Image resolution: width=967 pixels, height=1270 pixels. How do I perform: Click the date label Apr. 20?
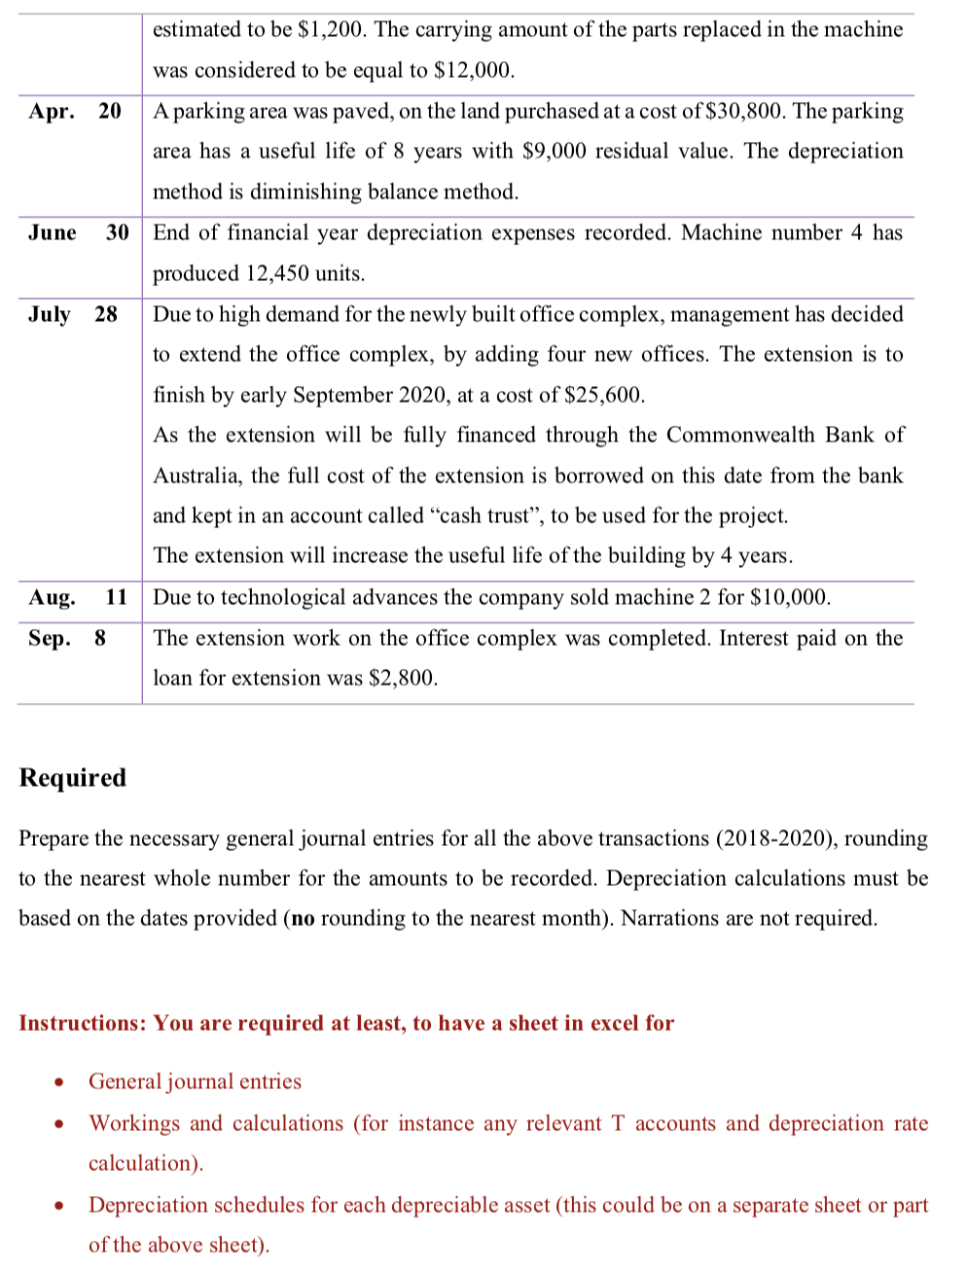(x=75, y=111)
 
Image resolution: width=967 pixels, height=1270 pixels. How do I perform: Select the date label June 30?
(x=78, y=232)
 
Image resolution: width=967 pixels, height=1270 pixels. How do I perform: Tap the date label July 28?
(x=72, y=314)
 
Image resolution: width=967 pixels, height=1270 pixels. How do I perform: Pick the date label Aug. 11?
(x=78, y=597)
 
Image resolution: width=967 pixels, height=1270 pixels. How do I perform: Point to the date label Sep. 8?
(x=66, y=638)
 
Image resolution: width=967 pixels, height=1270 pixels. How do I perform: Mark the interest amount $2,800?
(x=403, y=678)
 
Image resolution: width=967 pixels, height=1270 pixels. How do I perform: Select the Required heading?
(x=73, y=778)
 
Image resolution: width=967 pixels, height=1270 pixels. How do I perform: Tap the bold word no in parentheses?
(x=303, y=919)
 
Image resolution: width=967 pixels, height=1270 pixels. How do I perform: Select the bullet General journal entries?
(x=195, y=1081)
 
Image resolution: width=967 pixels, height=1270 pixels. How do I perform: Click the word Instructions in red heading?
(x=82, y=1023)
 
